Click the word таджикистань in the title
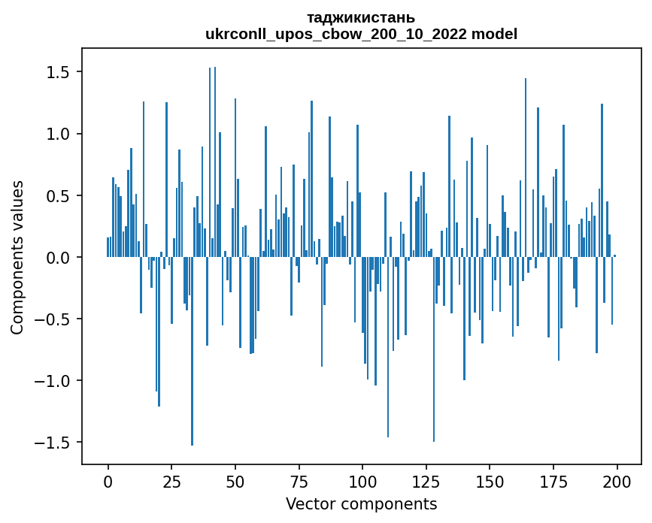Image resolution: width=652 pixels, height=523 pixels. click(361, 17)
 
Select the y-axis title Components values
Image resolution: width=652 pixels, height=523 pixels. click(17, 257)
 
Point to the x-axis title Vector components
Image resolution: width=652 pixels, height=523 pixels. click(361, 503)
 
